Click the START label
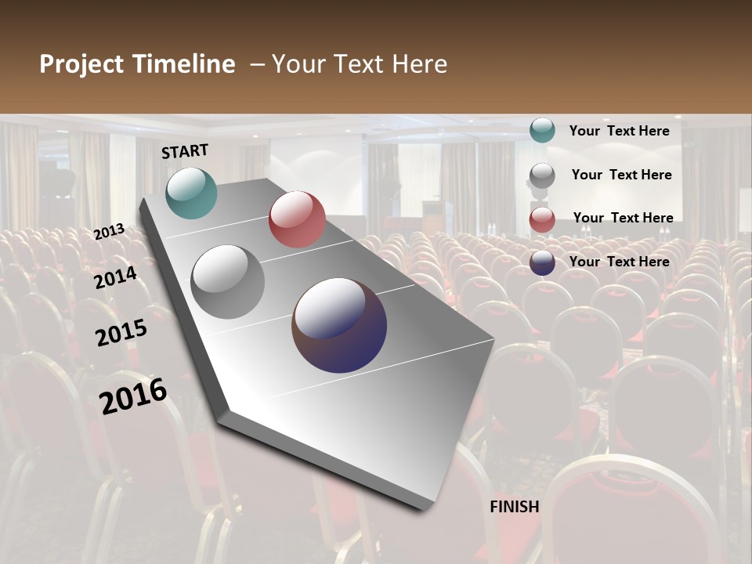point(185,151)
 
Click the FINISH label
point(515,507)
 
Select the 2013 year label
point(109,232)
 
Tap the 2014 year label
point(115,277)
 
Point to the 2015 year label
point(121,332)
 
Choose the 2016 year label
point(133,396)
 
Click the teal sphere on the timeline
point(191,193)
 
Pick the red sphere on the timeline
point(297,219)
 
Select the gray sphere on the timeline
point(228,282)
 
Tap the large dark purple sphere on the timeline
point(339,325)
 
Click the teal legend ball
point(542,131)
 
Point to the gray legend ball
point(542,175)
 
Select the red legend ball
point(542,219)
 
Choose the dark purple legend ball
point(542,262)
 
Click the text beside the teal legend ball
point(619,131)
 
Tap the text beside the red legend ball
point(623,218)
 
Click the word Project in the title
point(82,64)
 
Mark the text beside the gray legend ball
point(621,175)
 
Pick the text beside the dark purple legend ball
point(619,262)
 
